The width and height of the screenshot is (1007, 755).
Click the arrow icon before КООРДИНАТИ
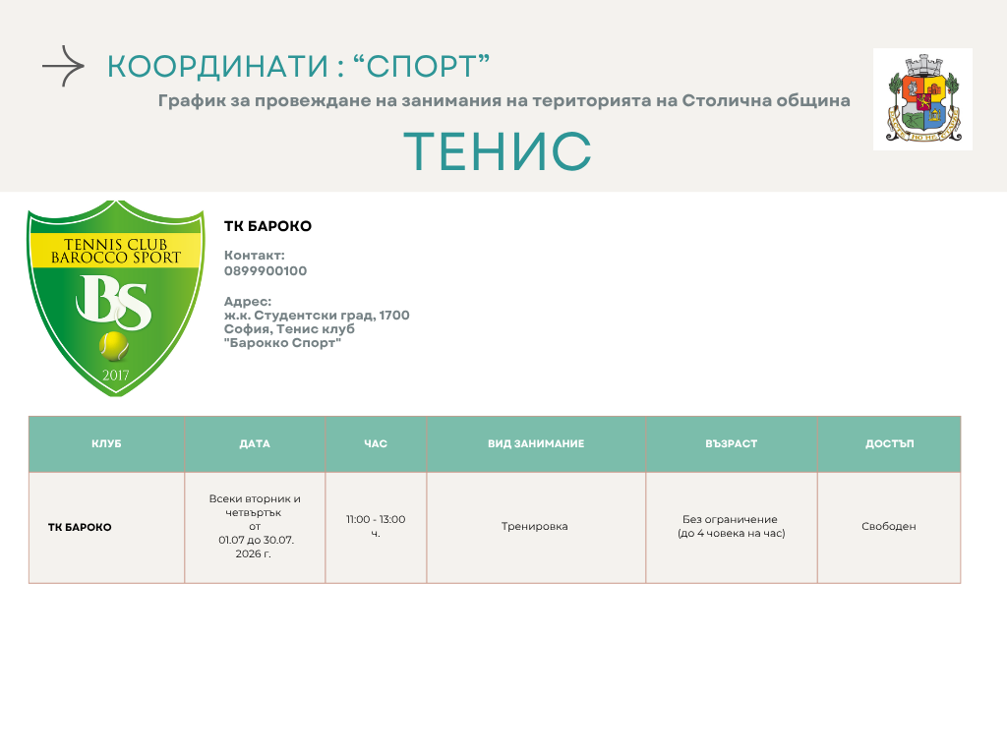(x=63, y=66)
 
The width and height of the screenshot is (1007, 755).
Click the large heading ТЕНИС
(x=498, y=151)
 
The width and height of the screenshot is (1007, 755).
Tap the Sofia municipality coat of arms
(x=922, y=99)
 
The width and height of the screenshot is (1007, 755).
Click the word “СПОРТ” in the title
(x=422, y=67)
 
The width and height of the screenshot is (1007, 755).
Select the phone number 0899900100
(x=266, y=271)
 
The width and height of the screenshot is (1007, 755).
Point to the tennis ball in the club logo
(x=114, y=345)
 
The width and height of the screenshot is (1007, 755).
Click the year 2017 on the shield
(x=116, y=375)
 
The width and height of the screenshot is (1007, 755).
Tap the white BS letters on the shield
(x=114, y=301)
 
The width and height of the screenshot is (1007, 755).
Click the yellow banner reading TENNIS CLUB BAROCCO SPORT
(x=116, y=251)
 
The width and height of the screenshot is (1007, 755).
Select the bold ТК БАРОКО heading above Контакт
(x=267, y=226)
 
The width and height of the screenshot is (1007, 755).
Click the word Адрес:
(x=248, y=301)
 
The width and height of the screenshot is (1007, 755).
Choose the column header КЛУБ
(x=106, y=443)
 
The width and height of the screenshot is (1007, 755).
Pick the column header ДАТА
(x=255, y=443)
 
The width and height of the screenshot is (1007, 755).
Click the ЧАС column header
(x=376, y=443)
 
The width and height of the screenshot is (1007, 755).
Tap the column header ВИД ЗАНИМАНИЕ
(x=536, y=443)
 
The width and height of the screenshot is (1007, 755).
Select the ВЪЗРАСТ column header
(x=732, y=443)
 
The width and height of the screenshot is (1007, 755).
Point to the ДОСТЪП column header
(x=889, y=443)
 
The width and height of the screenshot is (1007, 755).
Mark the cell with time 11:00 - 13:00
(x=376, y=526)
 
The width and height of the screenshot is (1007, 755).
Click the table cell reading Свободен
(x=889, y=527)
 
